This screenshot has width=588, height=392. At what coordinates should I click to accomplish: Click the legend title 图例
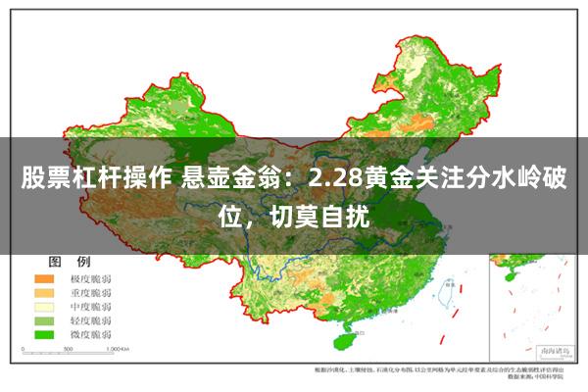[70, 262]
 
